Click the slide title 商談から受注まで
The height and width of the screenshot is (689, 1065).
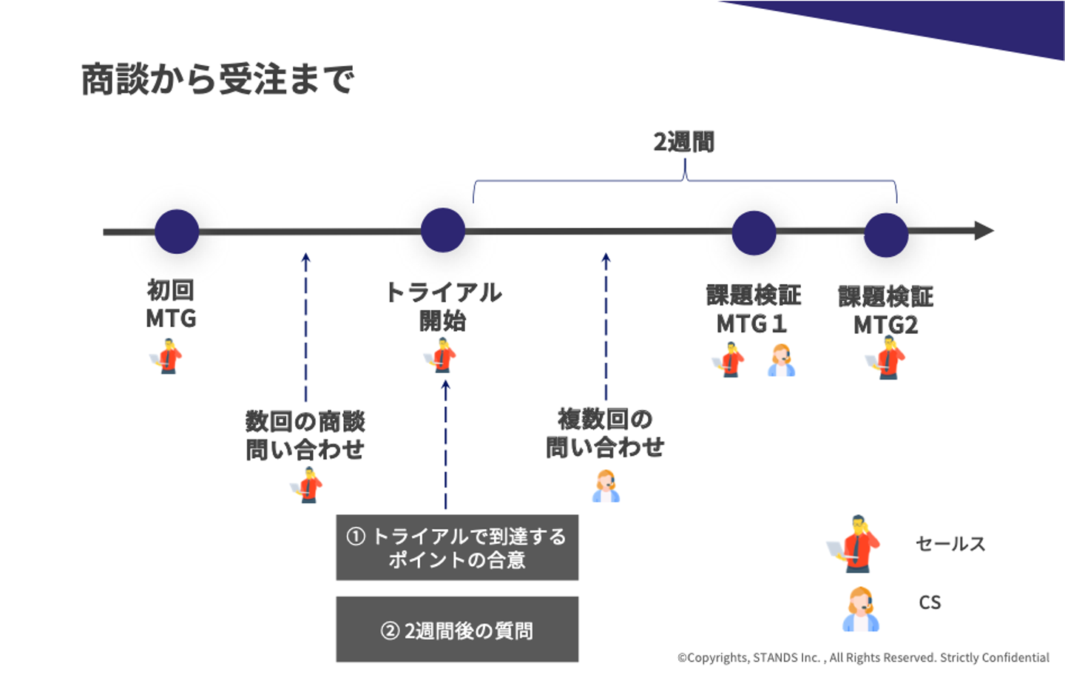pyautogui.click(x=217, y=79)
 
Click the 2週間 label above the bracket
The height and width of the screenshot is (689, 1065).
pyautogui.click(x=684, y=141)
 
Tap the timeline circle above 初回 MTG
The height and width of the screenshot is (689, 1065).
pyautogui.click(x=177, y=231)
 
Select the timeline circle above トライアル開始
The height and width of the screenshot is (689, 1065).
pyautogui.click(x=442, y=230)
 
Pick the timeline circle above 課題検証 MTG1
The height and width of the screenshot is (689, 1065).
pyautogui.click(x=754, y=232)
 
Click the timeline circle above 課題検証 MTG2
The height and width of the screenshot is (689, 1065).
pyautogui.click(x=886, y=235)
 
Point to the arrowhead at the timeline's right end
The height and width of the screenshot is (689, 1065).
pyautogui.click(x=984, y=231)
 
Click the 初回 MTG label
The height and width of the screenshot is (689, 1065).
pyautogui.click(x=171, y=304)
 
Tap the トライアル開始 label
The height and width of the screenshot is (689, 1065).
pyautogui.click(x=443, y=306)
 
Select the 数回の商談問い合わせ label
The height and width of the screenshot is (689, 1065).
pyautogui.click(x=305, y=435)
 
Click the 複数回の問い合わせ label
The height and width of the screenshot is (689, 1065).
pyautogui.click(x=605, y=433)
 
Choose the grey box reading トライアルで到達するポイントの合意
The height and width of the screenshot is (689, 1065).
pyautogui.click(x=457, y=548)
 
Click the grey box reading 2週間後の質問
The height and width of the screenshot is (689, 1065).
pyautogui.click(x=457, y=630)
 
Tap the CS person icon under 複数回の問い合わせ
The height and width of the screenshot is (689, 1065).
pyautogui.click(x=606, y=487)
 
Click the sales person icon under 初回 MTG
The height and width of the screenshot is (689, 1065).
pyautogui.click(x=167, y=356)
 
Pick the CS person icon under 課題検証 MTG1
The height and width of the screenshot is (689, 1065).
pyautogui.click(x=781, y=360)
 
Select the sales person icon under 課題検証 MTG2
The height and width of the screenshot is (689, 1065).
pyautogui.click(x=885, y=358)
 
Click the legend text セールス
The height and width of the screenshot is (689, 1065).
pyautogui.click(x=950, y=544)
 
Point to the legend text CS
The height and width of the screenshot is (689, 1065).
pyautogui.click(x=930, y=602)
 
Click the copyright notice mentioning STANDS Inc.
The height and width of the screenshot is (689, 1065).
pyautogui.click(x=863, y=657)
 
